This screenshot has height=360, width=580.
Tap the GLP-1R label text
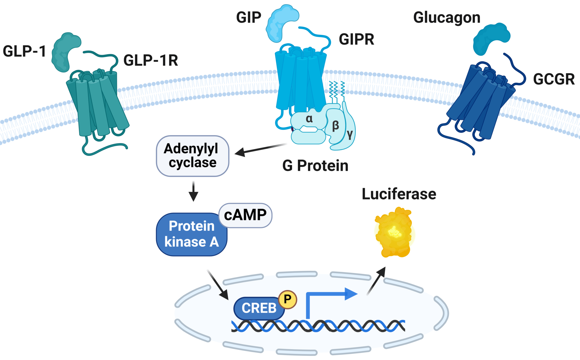point(151,60)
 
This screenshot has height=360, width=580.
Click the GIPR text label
point(356,39)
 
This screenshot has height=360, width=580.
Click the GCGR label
point(554,79)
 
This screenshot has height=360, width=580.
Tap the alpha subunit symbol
point(309,119)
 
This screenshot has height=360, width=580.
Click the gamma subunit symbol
point(350,134)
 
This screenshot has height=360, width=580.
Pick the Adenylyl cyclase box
point(192,156)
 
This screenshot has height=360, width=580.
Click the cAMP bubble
point(245,215)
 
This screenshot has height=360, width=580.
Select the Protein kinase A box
point(191,234)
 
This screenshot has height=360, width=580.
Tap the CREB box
point(259,308)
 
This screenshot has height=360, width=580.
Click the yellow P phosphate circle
point(287,299)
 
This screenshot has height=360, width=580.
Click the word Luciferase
point(399,194)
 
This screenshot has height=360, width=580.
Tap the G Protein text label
point(315,166)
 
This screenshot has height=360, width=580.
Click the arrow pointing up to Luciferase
point(376,281)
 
